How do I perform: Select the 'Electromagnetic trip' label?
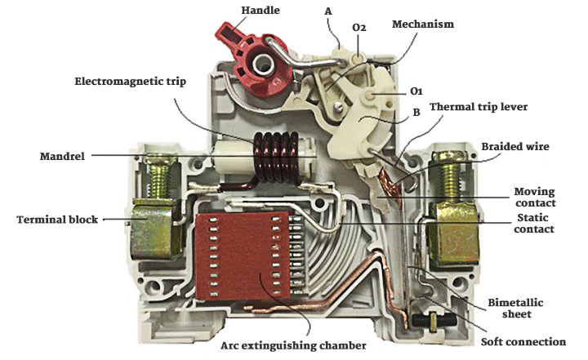click(131, 82)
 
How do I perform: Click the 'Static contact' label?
click(536, 224)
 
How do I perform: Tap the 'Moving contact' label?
click(536, 197)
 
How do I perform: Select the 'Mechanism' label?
click(423, 24)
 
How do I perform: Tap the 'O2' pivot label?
click(359, 28)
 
